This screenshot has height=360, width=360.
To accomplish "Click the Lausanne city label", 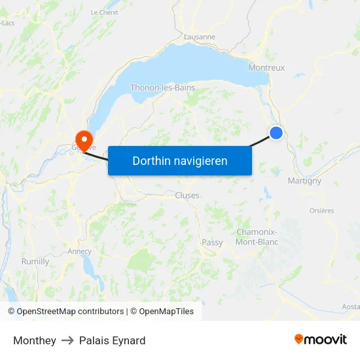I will click(x=200, y=37).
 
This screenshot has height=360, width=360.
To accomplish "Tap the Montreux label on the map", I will click(x=266, y=67).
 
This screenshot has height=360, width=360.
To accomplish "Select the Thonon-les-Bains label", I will click(x=162, y=87).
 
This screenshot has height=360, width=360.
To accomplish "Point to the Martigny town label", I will click(x=304, y=181).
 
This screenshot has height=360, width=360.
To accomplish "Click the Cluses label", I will click(x=187, y=195).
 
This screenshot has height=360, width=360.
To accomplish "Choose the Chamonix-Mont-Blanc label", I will click(x=257, y=237).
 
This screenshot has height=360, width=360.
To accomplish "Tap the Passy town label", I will click(x=212, y=242).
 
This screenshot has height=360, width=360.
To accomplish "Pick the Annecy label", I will click(x=79, y=251).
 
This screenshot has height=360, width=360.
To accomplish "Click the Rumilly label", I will click(x=35, y=261).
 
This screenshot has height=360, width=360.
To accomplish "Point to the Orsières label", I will click(x=321, y=211).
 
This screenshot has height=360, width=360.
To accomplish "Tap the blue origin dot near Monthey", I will click(x=276, y=133).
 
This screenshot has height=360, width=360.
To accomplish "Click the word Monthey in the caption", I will click(x=34, y=340).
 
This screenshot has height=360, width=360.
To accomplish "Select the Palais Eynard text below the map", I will click(x=112, y=340).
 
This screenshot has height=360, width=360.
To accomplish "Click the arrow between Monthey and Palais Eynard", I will click(x=67, y=340).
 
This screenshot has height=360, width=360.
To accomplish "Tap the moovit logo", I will click(x=320, y=339).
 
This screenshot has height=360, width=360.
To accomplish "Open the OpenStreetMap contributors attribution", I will click(x=70, y=312).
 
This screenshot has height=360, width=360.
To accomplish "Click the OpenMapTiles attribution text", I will click(x=166, y=312).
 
